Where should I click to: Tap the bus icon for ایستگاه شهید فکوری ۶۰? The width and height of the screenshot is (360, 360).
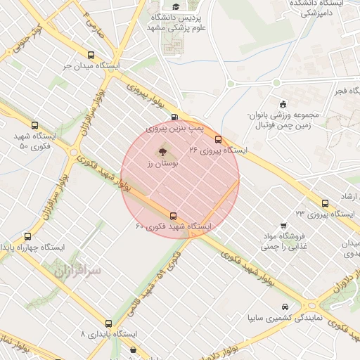[173, 216]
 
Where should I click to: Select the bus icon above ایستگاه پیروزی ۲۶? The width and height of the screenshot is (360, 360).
[218, 139]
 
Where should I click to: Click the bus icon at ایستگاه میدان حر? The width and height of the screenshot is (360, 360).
[91, 55]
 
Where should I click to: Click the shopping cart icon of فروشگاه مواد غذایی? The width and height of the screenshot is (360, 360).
[283, 226]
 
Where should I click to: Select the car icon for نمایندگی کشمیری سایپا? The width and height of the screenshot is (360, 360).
[283, 307]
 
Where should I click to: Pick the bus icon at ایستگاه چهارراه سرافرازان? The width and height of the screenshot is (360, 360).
[27, 237]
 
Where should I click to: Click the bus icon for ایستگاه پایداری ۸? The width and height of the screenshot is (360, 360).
[108, 323]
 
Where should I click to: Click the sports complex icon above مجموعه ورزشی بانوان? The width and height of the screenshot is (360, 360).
[283, 103]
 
